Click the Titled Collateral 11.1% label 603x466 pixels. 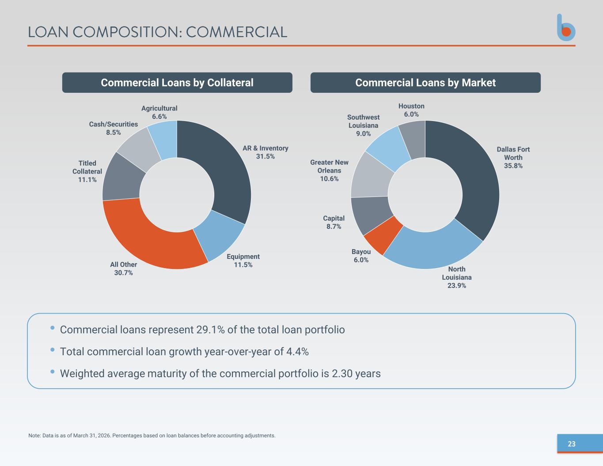click(87, 171)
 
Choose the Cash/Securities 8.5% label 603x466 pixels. click(113, 128)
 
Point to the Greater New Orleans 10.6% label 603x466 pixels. click(329, 170)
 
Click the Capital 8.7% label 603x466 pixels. click(334, 223)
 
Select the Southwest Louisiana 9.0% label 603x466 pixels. click(363, 125)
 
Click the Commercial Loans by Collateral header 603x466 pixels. click(177, 83)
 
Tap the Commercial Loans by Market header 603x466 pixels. click(425, 83)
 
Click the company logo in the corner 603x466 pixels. click(566, 28)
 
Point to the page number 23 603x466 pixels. click(571, 444)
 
